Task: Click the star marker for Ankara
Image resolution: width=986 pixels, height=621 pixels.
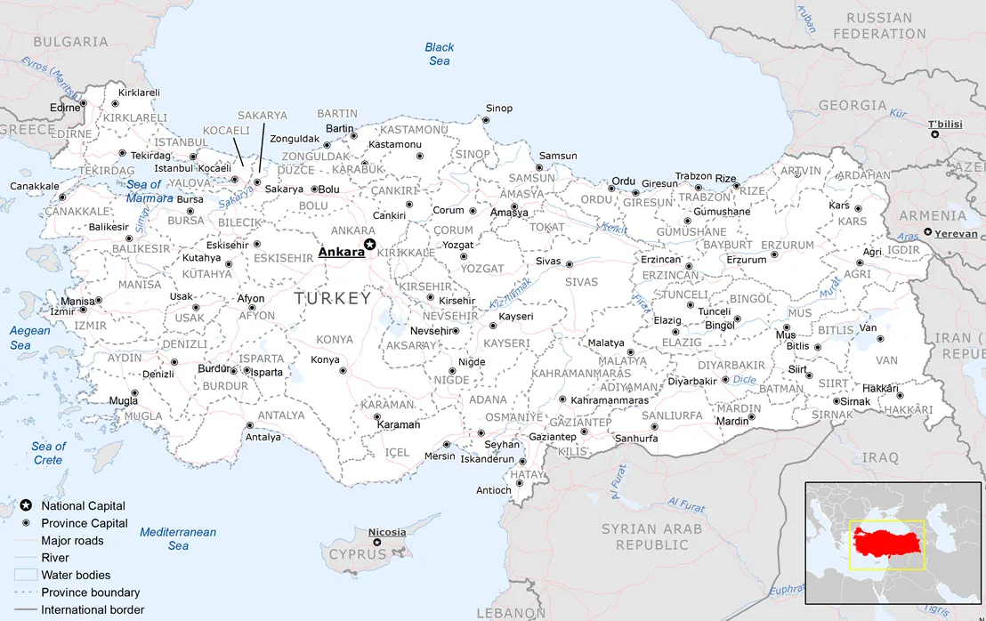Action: tap(370, 245)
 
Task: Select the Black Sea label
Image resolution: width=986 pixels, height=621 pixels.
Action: tap(439, 54)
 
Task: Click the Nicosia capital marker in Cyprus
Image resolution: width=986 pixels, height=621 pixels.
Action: tap(376, 542)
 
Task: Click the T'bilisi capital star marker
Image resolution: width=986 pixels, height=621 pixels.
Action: tap(934, 133)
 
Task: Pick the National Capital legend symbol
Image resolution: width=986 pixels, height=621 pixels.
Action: tap(26, 506)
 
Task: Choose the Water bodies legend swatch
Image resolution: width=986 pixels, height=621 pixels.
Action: tap(26, 575)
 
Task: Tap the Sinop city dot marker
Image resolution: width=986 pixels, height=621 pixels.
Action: tap(485, 120)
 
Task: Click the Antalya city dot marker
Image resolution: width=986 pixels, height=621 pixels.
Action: tap(249, 425)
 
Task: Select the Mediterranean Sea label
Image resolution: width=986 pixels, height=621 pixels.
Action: tap(178, 539)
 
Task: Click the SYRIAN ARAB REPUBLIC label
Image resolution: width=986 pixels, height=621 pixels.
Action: tap(652, 536)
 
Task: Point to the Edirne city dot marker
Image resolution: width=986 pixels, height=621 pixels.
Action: tap(83, 103)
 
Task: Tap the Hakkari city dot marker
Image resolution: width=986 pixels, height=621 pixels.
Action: tap(900, 396)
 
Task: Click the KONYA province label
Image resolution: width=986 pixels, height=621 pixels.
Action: tap(335, 340)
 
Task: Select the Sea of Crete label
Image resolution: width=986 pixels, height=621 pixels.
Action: tap(48, 453)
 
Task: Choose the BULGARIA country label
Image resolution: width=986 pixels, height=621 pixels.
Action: tap(70, 41)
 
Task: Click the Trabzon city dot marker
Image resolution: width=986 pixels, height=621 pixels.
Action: tap(699, 188)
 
